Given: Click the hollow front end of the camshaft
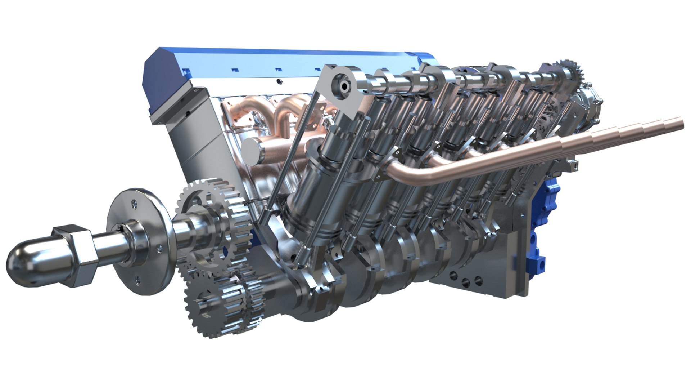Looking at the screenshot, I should point(343,86).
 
